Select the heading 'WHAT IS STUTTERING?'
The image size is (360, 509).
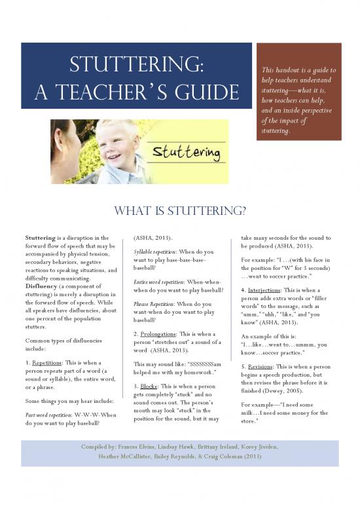(x=180, y=211)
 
